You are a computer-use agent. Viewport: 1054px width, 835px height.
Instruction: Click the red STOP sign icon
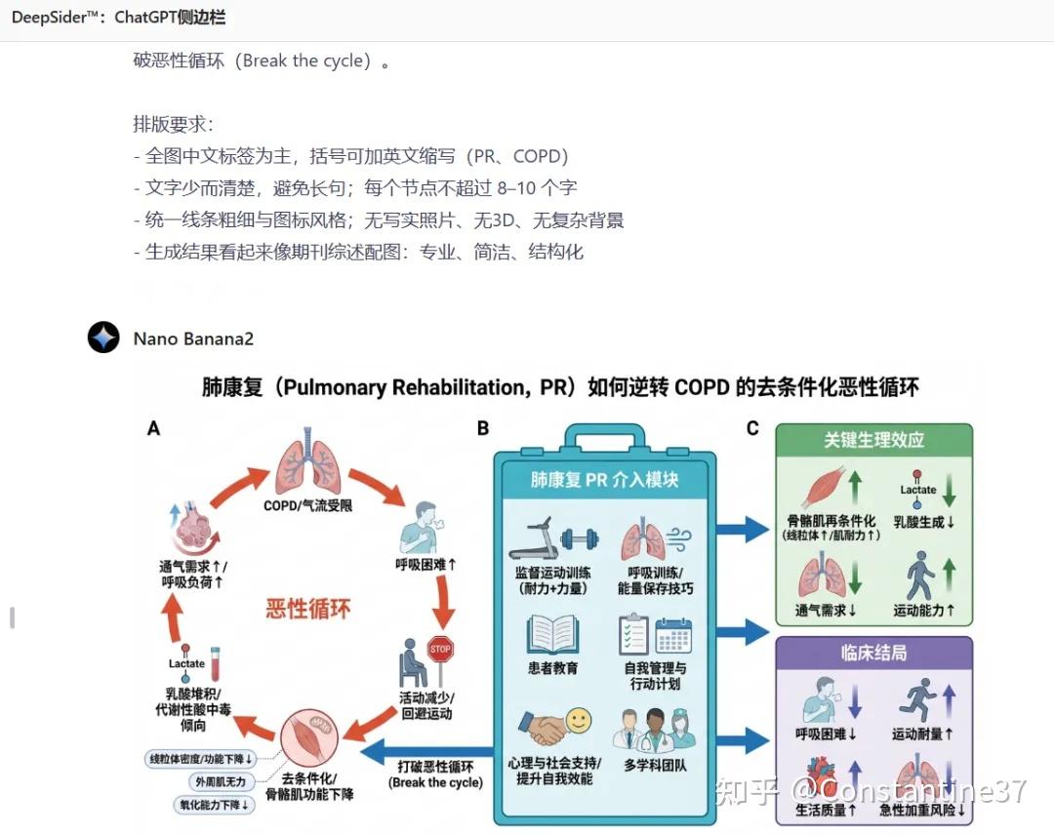(440, 649)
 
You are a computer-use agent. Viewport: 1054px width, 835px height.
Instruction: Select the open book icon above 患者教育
(552, 634)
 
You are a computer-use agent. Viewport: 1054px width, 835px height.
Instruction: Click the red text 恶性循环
(307, 610)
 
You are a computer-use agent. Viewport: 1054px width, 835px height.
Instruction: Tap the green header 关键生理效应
(873, 440)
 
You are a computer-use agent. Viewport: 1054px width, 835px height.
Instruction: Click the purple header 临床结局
(873, 653)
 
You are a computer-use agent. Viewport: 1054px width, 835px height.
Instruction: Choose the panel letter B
(483, 428)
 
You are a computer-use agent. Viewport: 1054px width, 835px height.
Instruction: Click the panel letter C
(752, 428)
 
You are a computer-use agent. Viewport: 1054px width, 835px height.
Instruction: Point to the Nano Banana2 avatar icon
(103, 338)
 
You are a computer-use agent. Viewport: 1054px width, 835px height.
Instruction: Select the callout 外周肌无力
(220, 781)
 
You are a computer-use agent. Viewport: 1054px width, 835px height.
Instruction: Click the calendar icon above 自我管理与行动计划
(673, 636)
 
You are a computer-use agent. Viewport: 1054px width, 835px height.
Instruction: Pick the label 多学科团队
(655, 765)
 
